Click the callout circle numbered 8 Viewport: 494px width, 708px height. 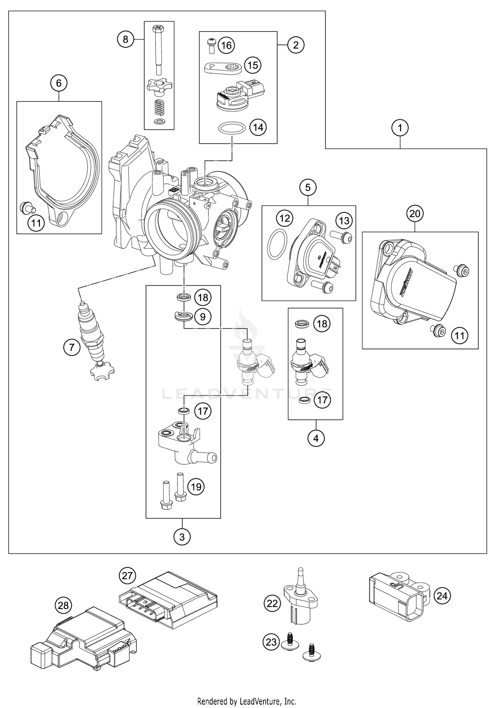click(x=125, y=40)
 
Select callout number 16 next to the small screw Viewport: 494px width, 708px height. click(x=226, y=45)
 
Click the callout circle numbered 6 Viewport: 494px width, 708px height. click(x=59, y=83)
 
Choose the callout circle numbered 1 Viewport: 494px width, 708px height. click(x=400, y=128)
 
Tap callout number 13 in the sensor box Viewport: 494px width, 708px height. click(x=344, y=220)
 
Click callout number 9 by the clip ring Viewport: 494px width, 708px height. click(x=203, y=317)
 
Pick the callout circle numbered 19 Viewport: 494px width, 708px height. click(x=196, y=487)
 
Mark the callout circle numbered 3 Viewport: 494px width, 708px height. click(x=182, y=537)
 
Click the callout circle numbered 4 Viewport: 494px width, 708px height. click(x=316, y=438)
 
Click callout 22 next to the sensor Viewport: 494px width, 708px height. click(x=272, y=604)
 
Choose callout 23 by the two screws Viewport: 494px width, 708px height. click(x=271, y=642)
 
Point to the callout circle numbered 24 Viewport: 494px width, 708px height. click(x=442, y=596)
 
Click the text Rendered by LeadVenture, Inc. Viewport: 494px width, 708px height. click(x=247, y=701)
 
